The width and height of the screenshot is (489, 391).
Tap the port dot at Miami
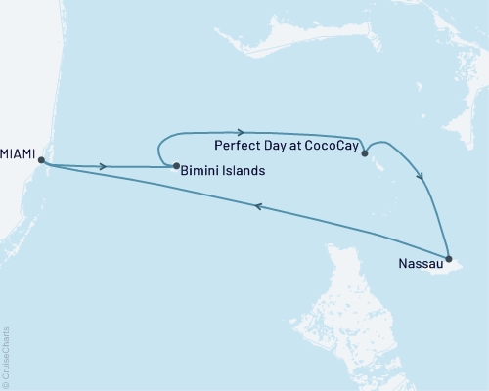[x=40, y=161]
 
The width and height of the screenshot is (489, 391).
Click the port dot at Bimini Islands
[x=175, y=165]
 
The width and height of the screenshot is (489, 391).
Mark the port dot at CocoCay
[x=364, y=152]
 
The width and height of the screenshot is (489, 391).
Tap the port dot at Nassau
[x=449, y=258]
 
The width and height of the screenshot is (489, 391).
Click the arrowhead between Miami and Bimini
[x=103, y=166]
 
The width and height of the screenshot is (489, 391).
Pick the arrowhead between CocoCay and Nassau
[x=421, y=177]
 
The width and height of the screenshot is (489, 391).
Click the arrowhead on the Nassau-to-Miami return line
[x=259, y=206]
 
